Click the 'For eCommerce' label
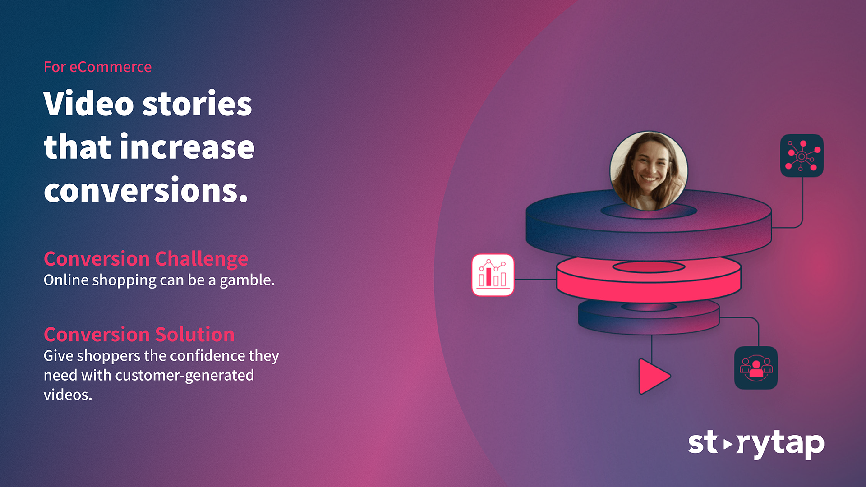click(97, 67)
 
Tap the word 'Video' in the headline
click(88, 103)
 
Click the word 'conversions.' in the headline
click(146, 190)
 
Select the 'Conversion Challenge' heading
click(146, 259)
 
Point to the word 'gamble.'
click(247, 281)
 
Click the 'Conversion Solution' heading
click(139, 335)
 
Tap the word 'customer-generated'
click(184, 376)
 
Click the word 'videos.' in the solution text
click(68, 395)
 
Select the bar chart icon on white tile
click(493, 275)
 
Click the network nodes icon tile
click(802, 156)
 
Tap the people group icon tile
click(756, 368)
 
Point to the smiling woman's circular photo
click(649, 171)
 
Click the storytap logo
click(756, 444)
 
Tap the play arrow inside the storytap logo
click(728, 445)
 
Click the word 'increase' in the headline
click(187, 147)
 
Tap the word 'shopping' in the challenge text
click(124, 281)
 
